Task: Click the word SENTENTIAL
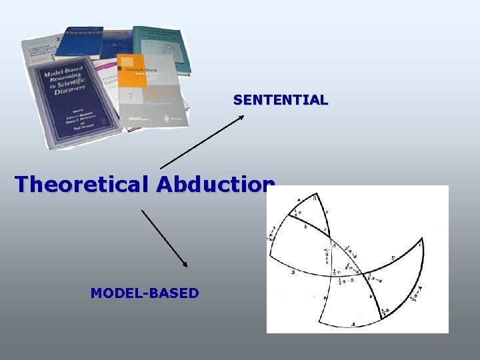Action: [281, 101]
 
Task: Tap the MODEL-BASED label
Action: [145, 293]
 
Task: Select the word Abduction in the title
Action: [215, 184]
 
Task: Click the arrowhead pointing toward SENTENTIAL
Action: [241, 117]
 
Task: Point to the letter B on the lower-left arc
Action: [293, 272]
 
